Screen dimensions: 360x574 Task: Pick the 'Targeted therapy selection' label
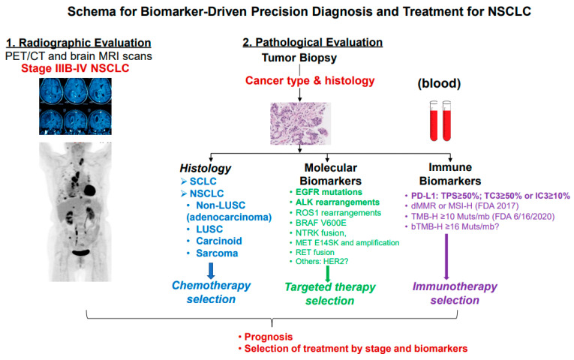[320, 294]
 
